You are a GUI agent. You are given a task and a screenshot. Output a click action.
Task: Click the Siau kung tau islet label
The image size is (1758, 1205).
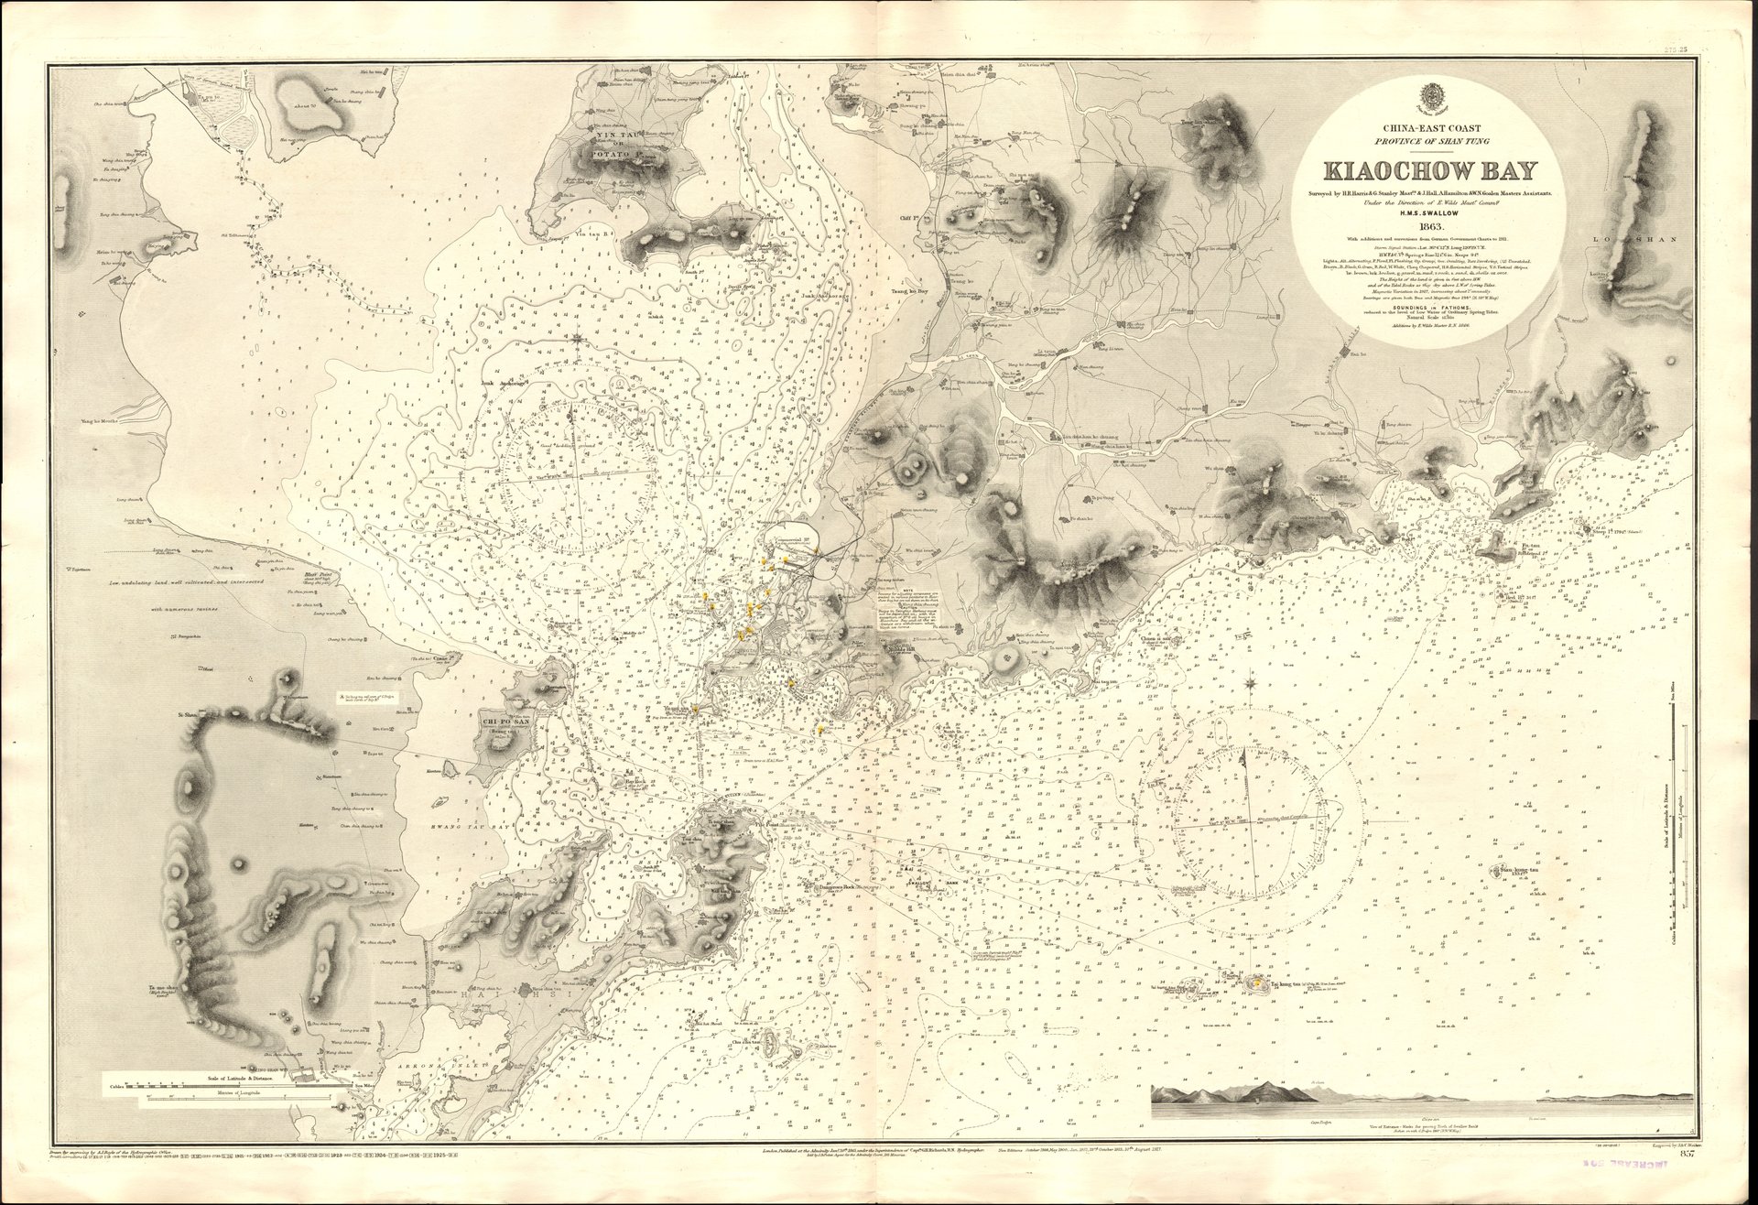pyautogui.click(x=1520, y=870)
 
